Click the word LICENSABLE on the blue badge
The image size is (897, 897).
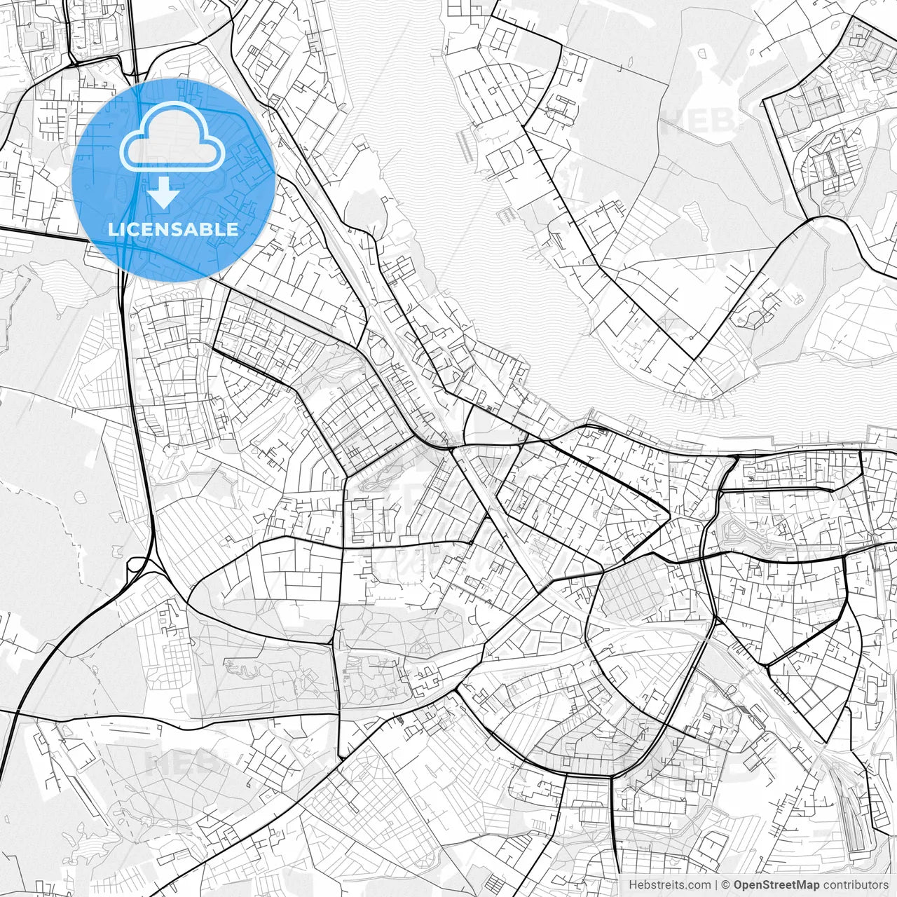pyautogui.click(x=173, y=229)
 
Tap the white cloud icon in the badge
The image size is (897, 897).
pyautogui.click(x=172, y=137)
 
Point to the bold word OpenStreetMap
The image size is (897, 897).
pyautogui.click(x=776, y=885)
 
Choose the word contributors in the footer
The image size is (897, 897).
pyautogui.click(x=856, y=885)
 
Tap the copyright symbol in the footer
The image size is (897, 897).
pyautogui.click(x=726, y=885)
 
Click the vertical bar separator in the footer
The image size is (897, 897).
pyautogui.click(x=716, y=885)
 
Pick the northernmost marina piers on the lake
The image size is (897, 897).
pyautogui.click(x=464, y=144)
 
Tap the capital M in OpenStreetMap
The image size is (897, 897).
pyautogui.click(x=800, y=885)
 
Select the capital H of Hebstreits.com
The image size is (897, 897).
pyautogui.click(x=633, y=885)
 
